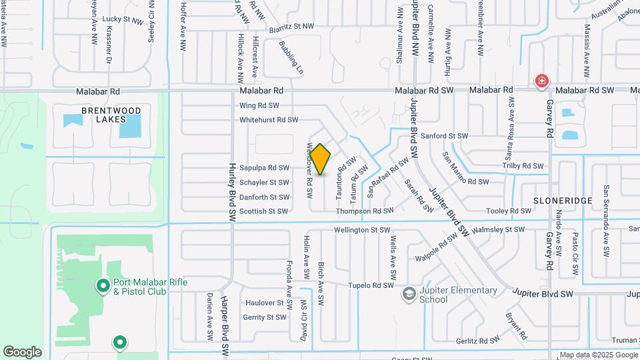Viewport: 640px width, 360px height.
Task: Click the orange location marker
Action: pos(320,160)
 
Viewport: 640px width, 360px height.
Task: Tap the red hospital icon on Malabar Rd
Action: pos(542,82)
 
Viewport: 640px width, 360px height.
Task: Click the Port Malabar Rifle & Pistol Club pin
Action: pos(103,287)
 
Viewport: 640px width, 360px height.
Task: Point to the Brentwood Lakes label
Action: pos(111,115)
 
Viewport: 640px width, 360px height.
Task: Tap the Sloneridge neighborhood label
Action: pos(554,199)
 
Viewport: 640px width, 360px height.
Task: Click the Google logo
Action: pos(22,352)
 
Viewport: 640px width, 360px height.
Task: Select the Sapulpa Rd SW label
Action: pos(265,168)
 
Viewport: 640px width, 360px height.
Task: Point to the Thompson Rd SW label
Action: pos(365,211)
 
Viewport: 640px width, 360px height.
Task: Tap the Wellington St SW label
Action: pos(362,230)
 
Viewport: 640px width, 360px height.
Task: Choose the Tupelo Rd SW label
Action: pos(372,285)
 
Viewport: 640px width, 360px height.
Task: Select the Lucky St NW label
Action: pos(123,20)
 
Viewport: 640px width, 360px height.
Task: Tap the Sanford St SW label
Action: pos(446,135)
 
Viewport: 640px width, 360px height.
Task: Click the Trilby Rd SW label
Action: pos(523,165)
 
